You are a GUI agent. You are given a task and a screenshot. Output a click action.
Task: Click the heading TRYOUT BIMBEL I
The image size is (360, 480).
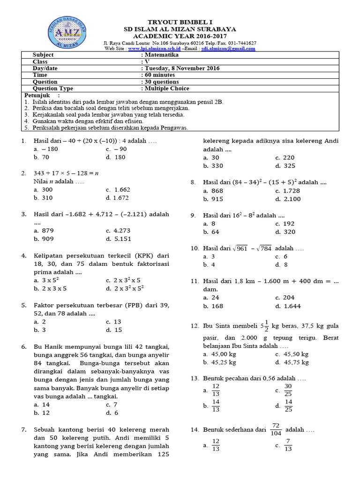(x=180, y=22)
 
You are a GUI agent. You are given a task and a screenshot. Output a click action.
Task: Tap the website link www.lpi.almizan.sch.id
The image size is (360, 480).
(x=154, y=48)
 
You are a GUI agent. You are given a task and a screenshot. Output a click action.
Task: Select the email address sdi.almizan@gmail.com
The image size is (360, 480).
(x=228, y=48)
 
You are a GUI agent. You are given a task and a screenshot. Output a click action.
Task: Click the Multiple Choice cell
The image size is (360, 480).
(x=167, y=88)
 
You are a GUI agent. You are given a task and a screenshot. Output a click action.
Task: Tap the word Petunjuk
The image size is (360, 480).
(x=37, y=95)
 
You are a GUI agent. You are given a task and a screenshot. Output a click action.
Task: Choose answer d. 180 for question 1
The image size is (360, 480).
(x=116, y=157)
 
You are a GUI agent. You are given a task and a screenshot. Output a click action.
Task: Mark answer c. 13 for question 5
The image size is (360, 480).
(x=113, y=322)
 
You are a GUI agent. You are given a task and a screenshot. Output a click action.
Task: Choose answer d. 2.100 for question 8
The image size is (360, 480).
(x=288, y=199)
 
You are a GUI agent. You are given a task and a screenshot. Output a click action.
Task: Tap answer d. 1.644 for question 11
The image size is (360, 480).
(x=288, y=306)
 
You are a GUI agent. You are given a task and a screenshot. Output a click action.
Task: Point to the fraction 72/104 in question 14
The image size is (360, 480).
(x=276, y=429)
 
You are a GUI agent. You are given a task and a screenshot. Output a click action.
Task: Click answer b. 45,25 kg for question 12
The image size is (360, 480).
(x=220, y=362)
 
